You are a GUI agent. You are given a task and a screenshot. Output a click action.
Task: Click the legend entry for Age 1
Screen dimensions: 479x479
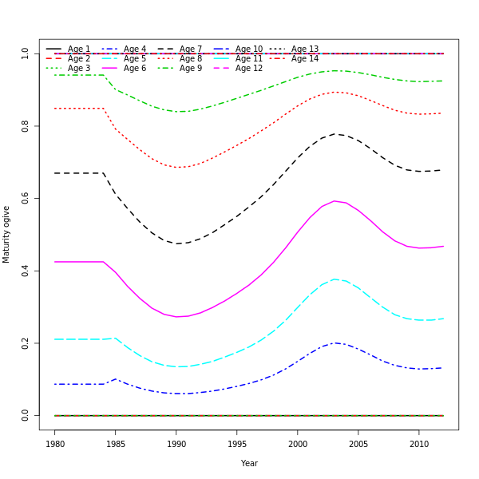[x=79, y=49]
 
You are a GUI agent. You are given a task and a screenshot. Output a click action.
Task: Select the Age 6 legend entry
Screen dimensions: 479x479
[x=135, y=69]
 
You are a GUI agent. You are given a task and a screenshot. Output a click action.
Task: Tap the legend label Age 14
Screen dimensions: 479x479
[x=304, y=59]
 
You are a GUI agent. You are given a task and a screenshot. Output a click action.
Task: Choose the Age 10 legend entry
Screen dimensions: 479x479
[x=248, y=49]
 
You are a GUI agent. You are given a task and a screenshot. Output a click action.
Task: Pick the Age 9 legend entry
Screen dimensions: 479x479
[x=191, y=69]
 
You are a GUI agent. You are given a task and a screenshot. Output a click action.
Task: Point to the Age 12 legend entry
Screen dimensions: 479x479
[x=248, y=69]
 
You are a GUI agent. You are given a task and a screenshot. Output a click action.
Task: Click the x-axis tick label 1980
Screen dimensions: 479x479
[x=55, y=444]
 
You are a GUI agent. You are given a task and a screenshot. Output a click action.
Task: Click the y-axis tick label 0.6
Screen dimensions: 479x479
[x=26, y=199]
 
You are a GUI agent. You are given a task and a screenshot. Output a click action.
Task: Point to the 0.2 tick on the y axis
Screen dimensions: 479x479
[x=26, y=343]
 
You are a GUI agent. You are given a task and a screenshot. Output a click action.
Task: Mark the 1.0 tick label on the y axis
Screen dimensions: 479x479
[x=26, y=53]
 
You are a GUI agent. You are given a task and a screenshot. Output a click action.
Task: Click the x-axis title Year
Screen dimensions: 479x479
[x=249, y=463]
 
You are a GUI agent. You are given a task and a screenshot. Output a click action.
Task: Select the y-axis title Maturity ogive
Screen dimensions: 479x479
[x=7, y=235]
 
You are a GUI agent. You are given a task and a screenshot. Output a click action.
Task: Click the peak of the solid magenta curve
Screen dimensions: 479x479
[x=334, y=201]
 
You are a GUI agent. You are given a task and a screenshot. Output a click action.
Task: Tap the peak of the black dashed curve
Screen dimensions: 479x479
[x=336, y=134]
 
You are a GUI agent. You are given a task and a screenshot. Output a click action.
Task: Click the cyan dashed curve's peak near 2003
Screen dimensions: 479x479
[x=335, y=279]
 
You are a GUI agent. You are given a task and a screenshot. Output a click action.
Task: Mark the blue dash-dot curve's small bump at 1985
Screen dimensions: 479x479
[x=116, y=379]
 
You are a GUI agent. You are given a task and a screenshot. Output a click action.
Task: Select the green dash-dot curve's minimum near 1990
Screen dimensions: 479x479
[x=181, y=112]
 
